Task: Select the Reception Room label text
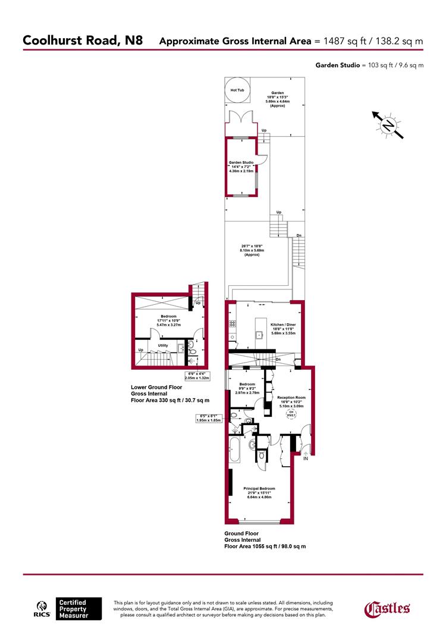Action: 291,397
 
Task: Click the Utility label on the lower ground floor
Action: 162,345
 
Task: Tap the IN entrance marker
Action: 306,459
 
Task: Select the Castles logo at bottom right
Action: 387,608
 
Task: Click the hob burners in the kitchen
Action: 231,324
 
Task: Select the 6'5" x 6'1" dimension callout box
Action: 208,418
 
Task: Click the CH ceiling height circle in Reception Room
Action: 291,414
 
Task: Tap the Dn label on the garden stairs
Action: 299,236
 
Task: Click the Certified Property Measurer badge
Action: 78,608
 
